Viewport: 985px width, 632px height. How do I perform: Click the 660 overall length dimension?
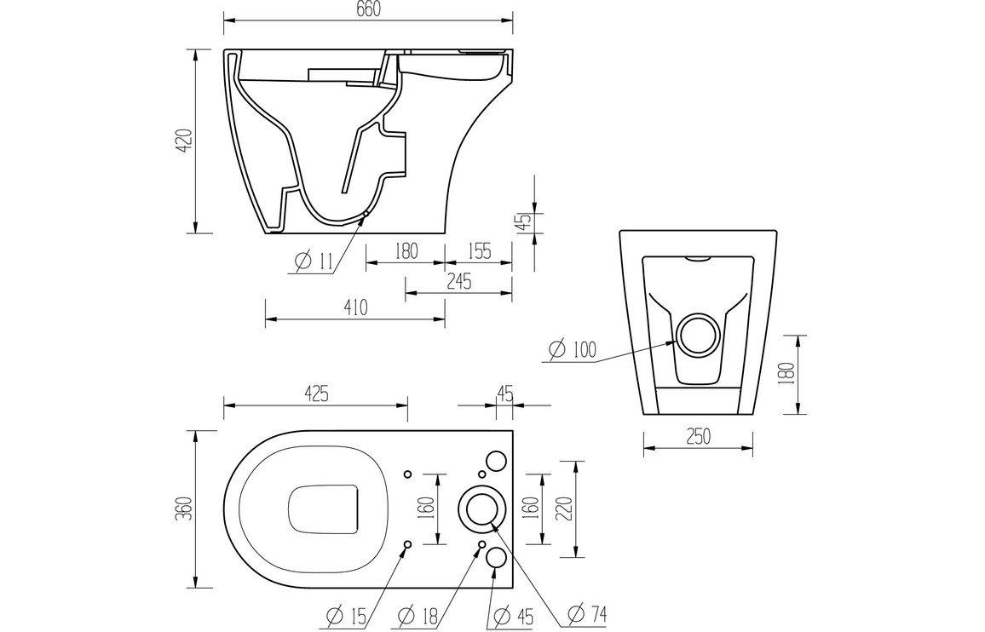click(367, 9)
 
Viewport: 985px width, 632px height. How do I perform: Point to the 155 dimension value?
click(480, 251)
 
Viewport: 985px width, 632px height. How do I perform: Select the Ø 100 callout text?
click(573, 349)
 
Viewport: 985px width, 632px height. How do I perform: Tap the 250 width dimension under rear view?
click(697, 436)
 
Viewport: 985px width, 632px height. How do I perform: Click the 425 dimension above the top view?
click(315, 394)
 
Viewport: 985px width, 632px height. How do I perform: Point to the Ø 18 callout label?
click(419, 615)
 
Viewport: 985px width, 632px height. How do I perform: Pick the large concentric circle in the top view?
click(481, 509)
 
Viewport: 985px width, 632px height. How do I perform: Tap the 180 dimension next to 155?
click(406, 251)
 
